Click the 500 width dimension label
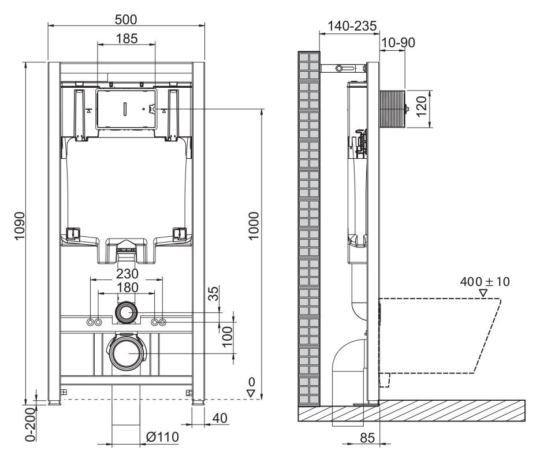pos(125,19)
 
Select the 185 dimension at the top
pos(126,39)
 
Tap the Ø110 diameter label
pos(162,436)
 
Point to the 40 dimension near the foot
pos(219,418)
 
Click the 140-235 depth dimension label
pos(352,26)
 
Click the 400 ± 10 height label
pos(485,282)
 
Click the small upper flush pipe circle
pos(126,313)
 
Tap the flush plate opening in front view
pos(126,109)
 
